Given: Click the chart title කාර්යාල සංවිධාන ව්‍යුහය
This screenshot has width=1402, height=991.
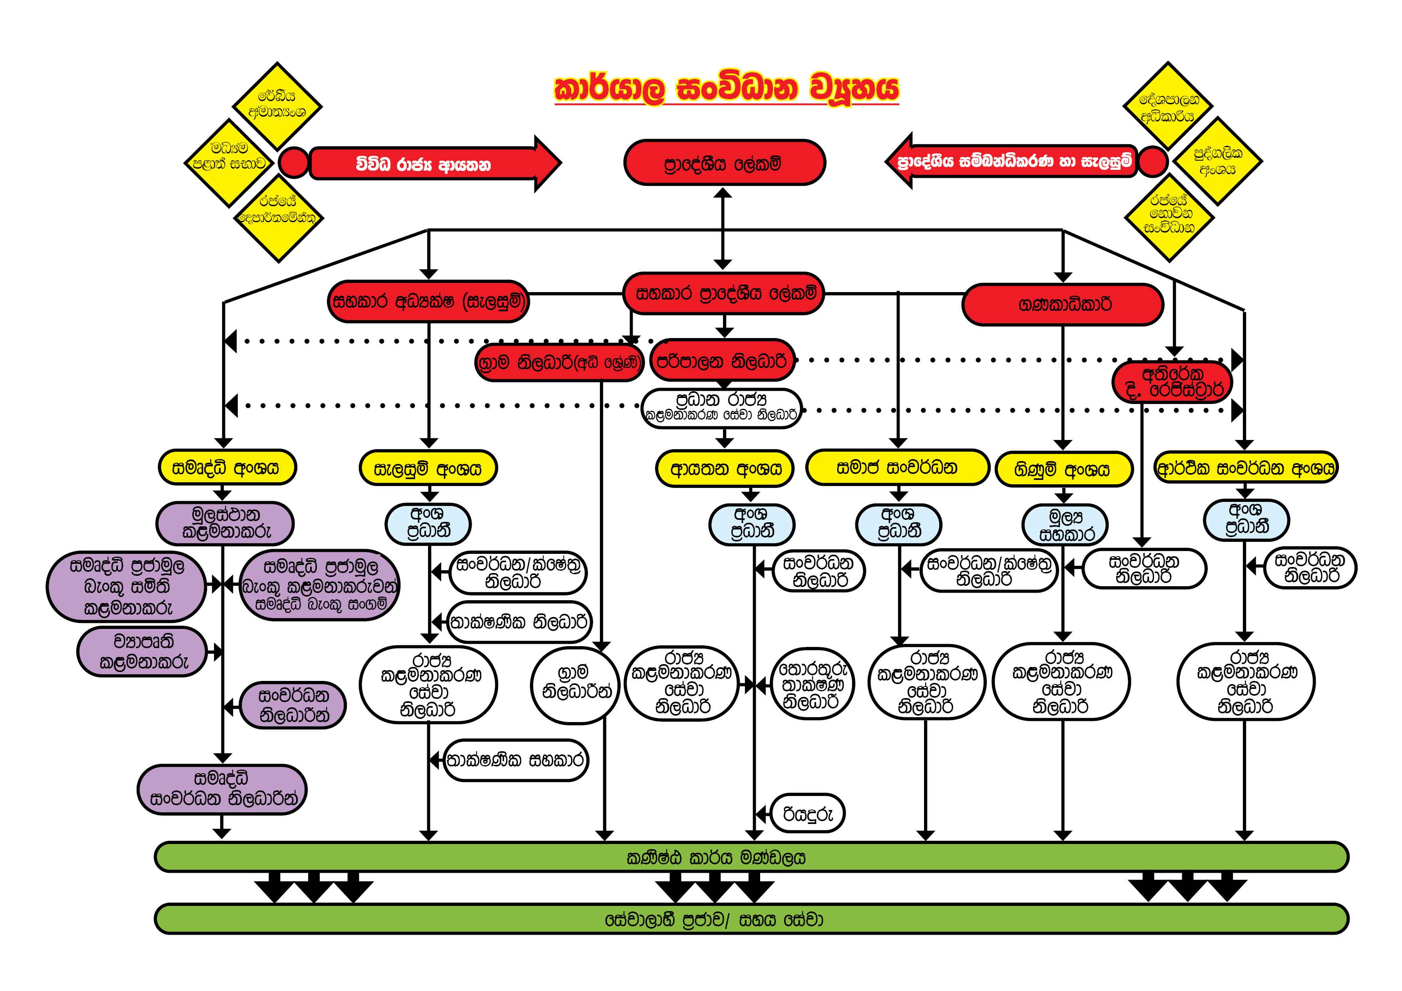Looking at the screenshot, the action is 727,89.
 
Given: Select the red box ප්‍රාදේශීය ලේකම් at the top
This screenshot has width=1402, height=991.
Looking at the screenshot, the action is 724,162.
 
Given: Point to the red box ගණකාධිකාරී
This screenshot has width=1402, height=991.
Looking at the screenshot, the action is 1063,304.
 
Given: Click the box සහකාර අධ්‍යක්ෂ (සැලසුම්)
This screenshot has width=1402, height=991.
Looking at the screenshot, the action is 428,301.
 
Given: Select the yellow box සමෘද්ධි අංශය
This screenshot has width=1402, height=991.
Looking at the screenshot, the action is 227,468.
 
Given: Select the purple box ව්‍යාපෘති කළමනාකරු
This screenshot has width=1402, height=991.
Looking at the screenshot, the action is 142,651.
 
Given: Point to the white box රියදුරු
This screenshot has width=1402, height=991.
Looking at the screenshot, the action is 807,813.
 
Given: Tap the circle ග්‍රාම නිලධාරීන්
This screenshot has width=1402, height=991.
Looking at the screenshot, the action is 575,685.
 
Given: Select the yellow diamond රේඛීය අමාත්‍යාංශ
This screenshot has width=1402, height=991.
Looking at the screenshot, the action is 278,105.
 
